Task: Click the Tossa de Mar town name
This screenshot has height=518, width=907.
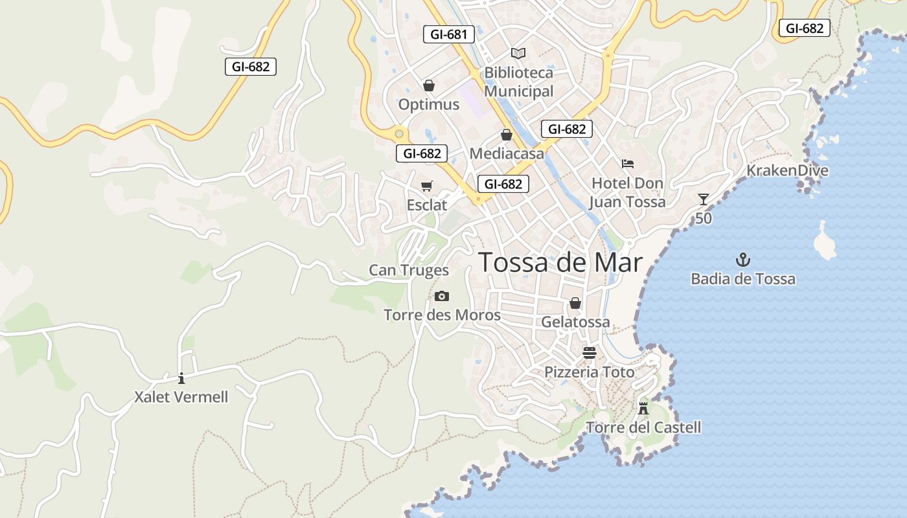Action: (560, 263)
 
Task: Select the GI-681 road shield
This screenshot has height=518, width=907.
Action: (448, 34)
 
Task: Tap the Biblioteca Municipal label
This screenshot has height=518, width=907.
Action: (518, 82)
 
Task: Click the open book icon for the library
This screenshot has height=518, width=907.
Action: (518, 53)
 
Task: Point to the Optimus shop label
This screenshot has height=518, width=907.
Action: (428, 104)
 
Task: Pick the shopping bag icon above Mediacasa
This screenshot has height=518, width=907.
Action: (506, 135)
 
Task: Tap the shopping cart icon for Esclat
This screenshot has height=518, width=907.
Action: (426, 186)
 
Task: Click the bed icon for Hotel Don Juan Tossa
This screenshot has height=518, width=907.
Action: (627, 163)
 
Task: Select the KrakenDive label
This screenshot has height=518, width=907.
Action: (787, 170)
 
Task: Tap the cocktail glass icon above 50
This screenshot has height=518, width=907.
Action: (704, 199)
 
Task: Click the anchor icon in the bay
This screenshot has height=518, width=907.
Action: (742, 260)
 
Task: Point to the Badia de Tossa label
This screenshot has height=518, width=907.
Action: (743, 279)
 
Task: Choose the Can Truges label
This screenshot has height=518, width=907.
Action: (409, 270)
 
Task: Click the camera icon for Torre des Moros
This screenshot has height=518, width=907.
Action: (442, 296)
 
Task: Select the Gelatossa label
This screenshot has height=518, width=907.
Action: (575, 322)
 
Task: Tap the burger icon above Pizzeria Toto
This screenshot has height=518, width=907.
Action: (589, 353)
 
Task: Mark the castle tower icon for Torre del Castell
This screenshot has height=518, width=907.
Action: (643, 408)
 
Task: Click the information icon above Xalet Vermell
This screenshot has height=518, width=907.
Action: (181, 378)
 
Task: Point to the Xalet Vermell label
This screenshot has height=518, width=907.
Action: (181, 397)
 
